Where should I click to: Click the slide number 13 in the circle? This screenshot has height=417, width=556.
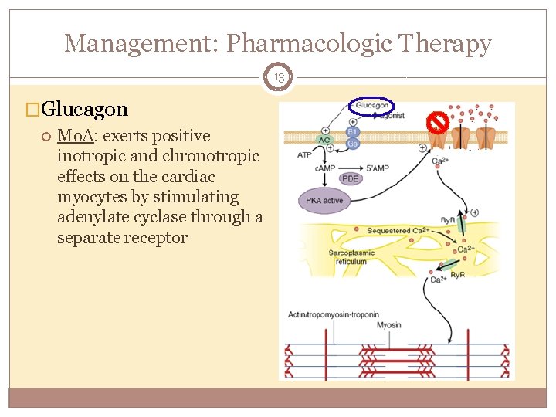(278, 77)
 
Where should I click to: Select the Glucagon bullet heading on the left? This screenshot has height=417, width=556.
(85, 109)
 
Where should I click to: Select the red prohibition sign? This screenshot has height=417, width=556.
(439, 122)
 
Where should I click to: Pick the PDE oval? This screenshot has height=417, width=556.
(351, 178)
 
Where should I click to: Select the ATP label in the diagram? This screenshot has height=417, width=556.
(304, 154)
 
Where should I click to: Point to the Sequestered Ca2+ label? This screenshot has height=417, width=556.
(397, 230)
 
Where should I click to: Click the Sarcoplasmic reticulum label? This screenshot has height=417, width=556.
(351, 257)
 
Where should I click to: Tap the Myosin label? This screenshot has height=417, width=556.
(388, 325)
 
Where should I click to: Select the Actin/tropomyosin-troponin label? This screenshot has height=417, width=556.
(334, 314)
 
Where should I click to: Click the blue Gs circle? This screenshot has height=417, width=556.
(353, 144)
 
